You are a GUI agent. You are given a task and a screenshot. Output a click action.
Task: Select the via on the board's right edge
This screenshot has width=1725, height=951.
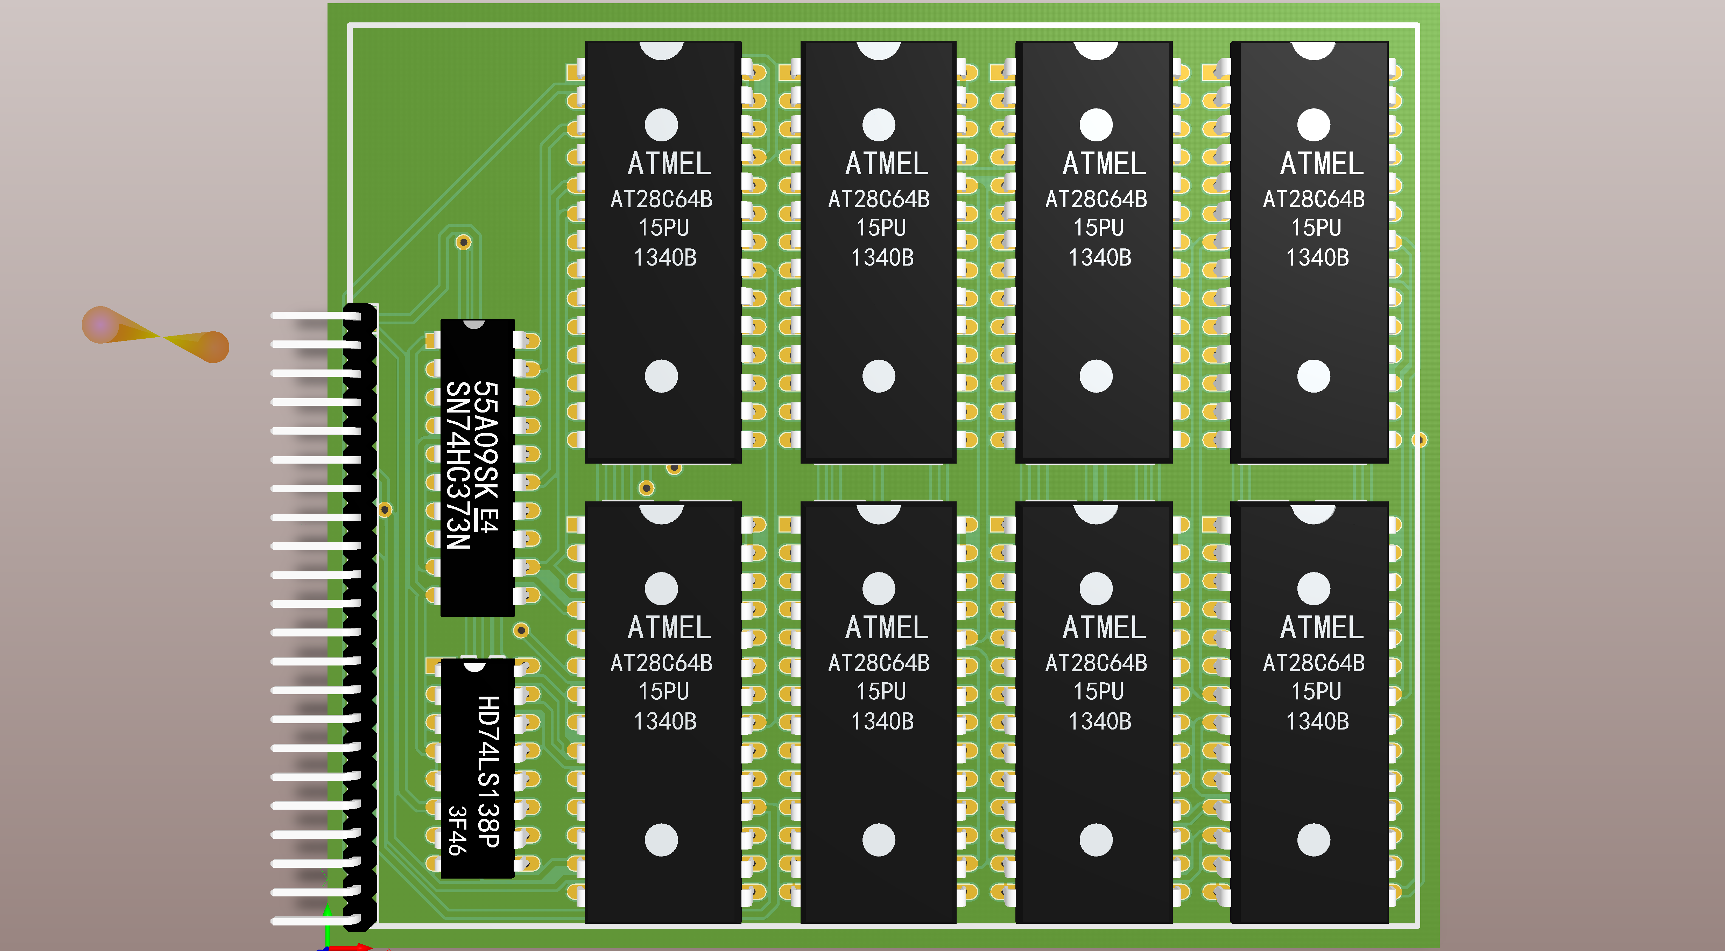coord(1419,440)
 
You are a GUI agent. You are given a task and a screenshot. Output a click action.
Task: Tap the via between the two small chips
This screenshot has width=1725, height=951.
coord(521,630)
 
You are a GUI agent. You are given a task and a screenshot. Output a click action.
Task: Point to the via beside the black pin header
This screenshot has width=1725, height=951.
coord(385,510)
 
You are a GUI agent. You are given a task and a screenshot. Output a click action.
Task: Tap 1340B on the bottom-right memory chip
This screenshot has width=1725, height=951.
coord(1317,721)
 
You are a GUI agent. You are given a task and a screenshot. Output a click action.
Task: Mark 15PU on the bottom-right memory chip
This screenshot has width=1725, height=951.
coord(1316,691)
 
